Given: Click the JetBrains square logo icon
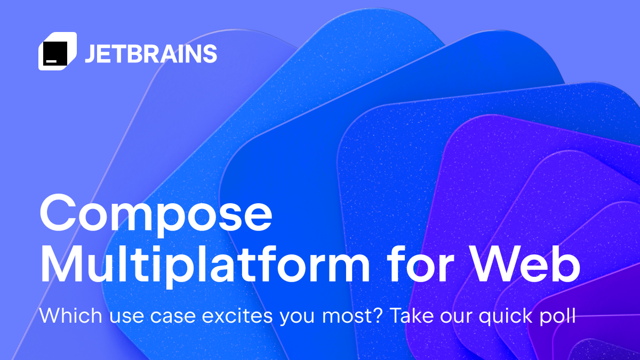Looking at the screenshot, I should pyautogui.click(x=57, y=51).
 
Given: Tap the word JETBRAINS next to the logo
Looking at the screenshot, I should pyautogui.click(x=150, y=54).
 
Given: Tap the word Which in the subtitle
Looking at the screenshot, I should pyautogui.click(x=66, y=316).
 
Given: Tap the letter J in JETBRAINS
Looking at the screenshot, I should pyautogui.click(x=90, y=54).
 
